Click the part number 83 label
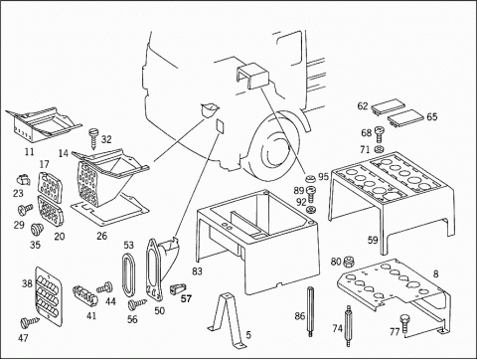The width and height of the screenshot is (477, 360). (197, 271)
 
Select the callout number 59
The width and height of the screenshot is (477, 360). (373, 240)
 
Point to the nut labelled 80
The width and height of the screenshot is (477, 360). (347, 262)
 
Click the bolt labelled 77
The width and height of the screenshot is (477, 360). (404, 323)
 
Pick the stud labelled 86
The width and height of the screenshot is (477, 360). (310, 311)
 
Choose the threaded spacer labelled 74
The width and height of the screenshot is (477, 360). (348, 325)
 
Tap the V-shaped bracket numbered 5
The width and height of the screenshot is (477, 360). (227, 319)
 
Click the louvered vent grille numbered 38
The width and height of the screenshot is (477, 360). (49, 295)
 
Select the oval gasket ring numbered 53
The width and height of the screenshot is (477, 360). (128, 273)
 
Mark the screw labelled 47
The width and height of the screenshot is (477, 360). (29, 322)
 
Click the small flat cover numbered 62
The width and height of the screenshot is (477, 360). (388, 106)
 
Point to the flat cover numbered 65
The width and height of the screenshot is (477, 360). (405, 117)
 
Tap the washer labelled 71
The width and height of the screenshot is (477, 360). (379, 149)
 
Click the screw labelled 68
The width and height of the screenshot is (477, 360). (379, 133)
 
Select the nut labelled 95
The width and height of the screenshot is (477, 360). (310, 179)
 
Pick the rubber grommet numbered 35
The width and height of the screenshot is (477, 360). (36, 230)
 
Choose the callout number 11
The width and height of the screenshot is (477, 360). (30, 152)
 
